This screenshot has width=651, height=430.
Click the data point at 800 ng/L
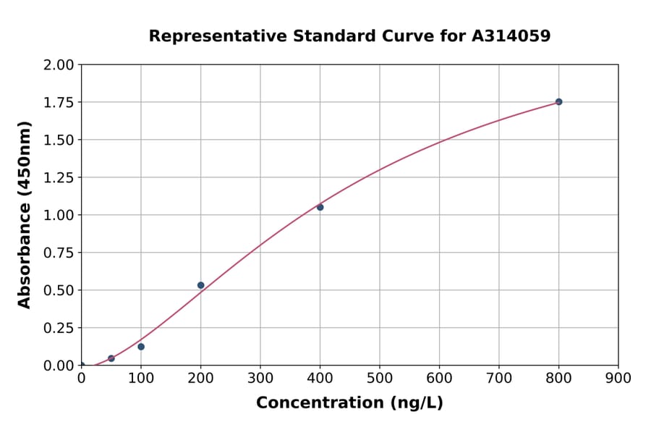tap(558, 102)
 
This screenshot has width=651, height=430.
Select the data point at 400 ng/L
tap(320, 207)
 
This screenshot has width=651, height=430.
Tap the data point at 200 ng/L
tap(200, 285)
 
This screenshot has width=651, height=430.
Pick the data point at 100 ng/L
tap(141, 347)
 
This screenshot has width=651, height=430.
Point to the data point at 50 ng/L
tap(111, 358)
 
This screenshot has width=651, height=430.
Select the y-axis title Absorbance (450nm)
tap(25, 215)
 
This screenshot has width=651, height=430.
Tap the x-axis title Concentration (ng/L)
tap(349, 402)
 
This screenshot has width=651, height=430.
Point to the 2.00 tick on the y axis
tap(59, 65)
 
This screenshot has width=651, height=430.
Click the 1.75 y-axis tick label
tap(59, 103)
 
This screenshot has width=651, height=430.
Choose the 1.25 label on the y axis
tap(59, 177)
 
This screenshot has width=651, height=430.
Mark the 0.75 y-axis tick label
tap(59, 253)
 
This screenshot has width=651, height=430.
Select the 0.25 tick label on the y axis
tap(59, 328)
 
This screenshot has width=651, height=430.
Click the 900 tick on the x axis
tap(618, 378)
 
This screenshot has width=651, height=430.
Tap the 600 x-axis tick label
tap(439, 378)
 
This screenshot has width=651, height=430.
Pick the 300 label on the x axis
tap(260, 378)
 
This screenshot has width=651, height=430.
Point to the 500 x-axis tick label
tap(380, 378)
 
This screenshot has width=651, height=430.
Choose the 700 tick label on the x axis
tap(499, 378)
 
